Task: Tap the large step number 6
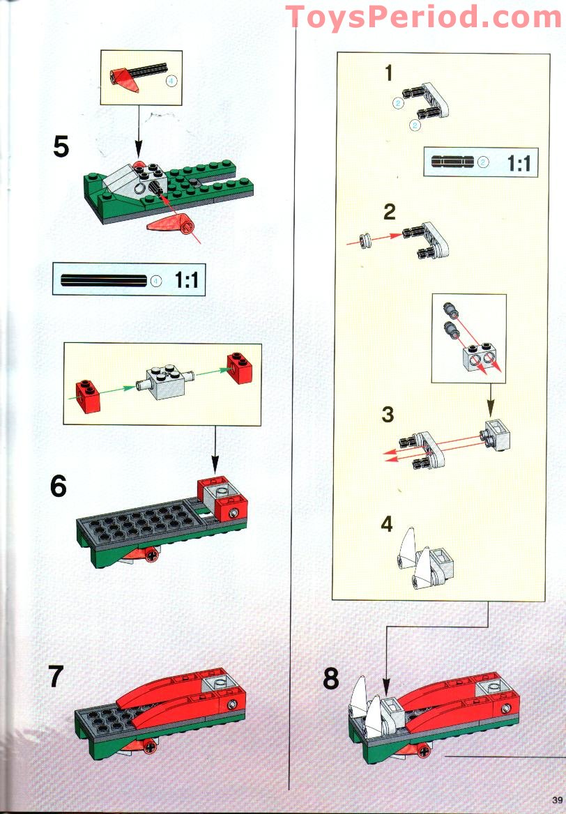(59, 486)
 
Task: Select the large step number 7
(56, 677)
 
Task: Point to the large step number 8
(332, 678)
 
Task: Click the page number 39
(556, 799)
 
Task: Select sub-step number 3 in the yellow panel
(388, 415)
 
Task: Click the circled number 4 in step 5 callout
(172, 80)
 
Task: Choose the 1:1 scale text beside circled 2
(519, 163)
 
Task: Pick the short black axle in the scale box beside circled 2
(452, 162)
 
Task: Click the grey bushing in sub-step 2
(363, 240)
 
